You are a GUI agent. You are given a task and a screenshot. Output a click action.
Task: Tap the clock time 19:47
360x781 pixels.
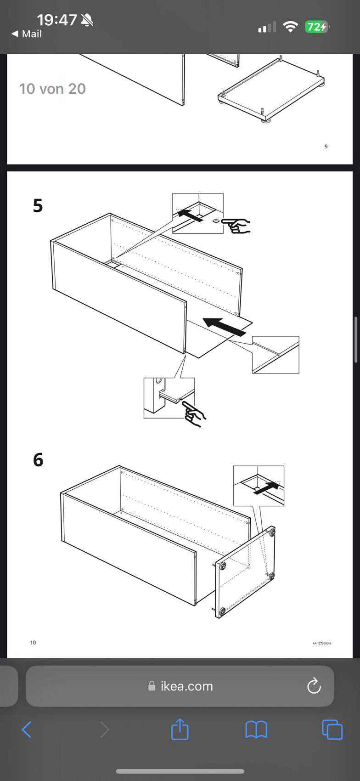click(56, 20)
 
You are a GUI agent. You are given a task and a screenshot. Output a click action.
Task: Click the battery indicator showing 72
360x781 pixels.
click(316, 27)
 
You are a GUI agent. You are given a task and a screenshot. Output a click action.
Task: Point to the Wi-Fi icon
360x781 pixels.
click(290, 27)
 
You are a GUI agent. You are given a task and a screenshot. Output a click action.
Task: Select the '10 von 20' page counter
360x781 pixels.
click(52, 89)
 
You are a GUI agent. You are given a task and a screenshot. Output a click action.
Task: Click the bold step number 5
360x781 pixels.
click(38, 206)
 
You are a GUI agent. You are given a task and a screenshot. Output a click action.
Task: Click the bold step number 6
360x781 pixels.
click(38, 460)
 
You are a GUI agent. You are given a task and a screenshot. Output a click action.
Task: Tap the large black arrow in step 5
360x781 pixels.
click(225, 326)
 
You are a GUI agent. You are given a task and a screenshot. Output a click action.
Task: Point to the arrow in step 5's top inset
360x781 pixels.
click(190, 215)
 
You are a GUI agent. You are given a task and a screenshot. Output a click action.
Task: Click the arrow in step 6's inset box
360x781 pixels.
click(266, 488)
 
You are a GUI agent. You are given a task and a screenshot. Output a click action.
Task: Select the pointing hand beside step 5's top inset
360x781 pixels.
click(236, 225)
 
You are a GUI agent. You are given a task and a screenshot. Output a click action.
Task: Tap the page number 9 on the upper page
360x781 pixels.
click(326, 147)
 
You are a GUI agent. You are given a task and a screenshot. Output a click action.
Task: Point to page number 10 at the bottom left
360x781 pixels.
click(33, 643)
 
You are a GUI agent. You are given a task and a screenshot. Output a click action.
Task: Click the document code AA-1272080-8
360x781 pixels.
click(321, 643)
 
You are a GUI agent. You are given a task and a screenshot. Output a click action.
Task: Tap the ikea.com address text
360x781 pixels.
click(186, 686)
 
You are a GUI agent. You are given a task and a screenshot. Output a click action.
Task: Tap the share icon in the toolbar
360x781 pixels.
click(180, 729)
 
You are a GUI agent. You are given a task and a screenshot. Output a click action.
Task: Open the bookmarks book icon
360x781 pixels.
click(256, 730)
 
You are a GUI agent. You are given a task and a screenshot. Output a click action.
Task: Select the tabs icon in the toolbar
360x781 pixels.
click(332, 730)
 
